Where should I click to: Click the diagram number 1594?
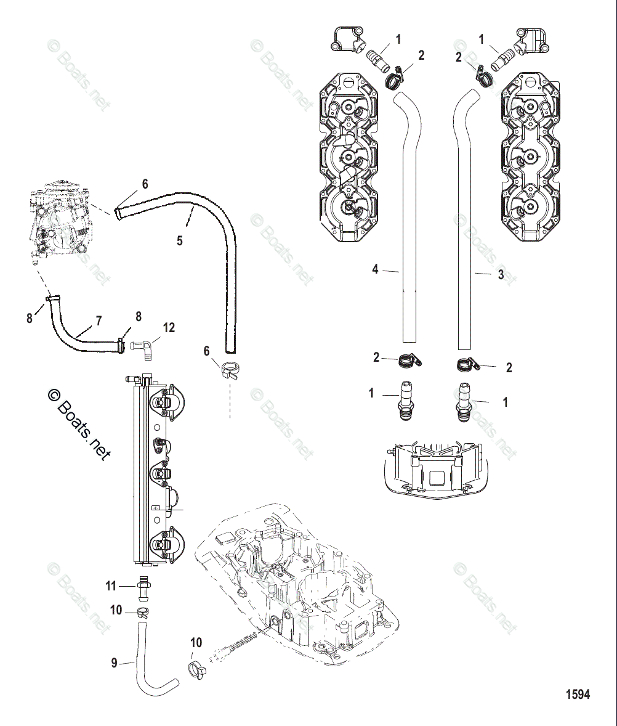tap(578, 695)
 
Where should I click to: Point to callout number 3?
tap(501, 275)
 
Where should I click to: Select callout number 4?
tap(374, 269)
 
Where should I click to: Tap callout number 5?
tap(180, 240)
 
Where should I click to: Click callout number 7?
tap(99, 321)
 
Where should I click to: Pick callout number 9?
tap(114, 663)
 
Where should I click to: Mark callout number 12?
tap(169, 328)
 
